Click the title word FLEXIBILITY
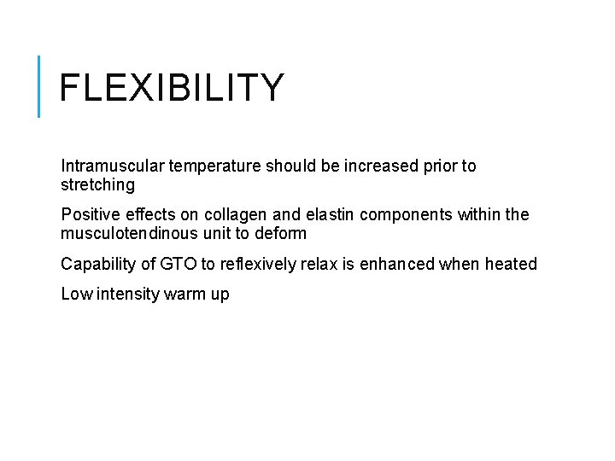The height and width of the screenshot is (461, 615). coord(172,88)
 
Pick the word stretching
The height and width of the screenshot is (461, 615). coord(97,184)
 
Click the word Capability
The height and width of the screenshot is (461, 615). coord(97,264)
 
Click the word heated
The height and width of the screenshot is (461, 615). coord(510,264)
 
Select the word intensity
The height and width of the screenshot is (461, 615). coord(125,295)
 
